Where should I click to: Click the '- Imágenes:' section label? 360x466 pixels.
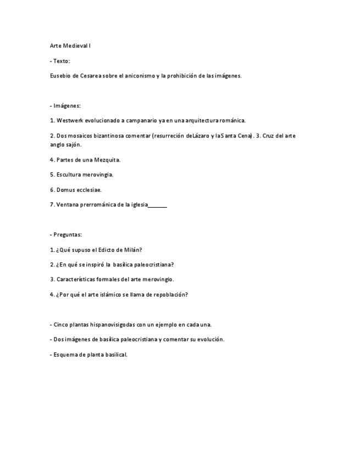65,106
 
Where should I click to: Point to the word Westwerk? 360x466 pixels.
70,120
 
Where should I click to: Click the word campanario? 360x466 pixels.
141,120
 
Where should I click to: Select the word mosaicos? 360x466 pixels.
79,136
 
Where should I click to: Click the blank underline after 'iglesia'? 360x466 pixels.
158,205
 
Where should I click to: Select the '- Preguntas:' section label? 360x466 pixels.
65,234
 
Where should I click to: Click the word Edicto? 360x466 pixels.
108,249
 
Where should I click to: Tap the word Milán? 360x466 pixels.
134,249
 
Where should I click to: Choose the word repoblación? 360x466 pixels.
170,294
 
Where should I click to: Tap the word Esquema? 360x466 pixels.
66,354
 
